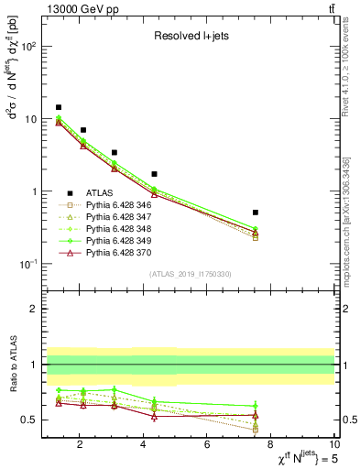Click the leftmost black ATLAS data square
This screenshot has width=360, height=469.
pyautogui.click(x=59, y=107)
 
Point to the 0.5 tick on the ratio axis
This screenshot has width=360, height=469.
pyautogui.click(x=31, y=420)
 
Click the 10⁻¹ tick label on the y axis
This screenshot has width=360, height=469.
pyautogui.click(x=27, y=264)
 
